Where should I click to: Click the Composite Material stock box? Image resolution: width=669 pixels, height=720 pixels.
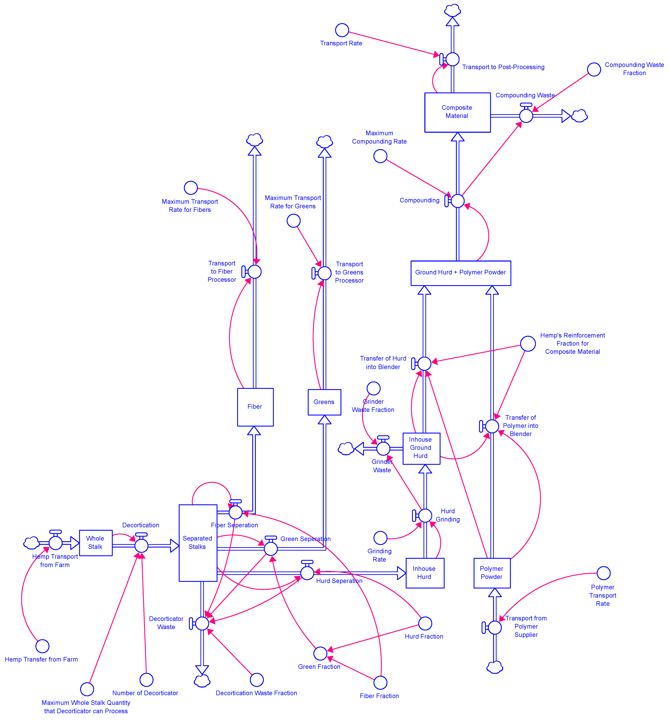[x=457, y=112]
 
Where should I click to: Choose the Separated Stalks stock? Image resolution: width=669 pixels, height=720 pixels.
[x=198, y=543]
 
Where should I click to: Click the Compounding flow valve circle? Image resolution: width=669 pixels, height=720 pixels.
[x=457, y=201]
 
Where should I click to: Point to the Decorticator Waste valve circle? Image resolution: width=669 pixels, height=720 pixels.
[x=202, y=623]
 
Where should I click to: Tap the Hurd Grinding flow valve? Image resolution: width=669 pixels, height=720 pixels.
[x=425, y=515]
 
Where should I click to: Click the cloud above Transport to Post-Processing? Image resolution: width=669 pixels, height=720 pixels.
[x=452, y=10]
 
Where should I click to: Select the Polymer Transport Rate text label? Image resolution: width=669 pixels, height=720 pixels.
[x=602, y=595]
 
